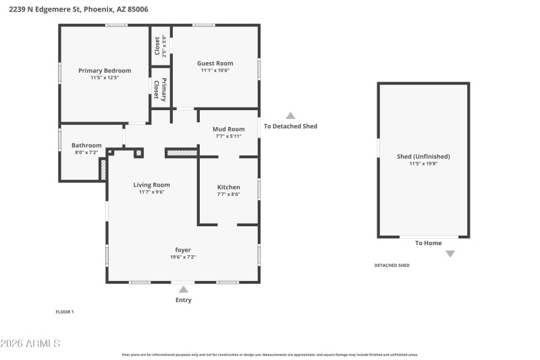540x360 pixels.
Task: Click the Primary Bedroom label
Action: [105, 70]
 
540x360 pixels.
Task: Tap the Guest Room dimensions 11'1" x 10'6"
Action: [215, 71]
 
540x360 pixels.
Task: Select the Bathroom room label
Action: [86, 145]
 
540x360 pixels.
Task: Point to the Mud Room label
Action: [228, 129]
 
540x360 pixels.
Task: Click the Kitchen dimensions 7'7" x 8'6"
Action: [228, 195]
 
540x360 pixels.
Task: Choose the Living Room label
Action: [151, 184]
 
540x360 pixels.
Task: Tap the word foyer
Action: [183, 250]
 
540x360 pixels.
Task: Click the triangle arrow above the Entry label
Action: [183, 289]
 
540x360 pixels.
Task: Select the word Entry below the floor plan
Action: [183, 300]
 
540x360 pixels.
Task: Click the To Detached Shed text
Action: [290, 126]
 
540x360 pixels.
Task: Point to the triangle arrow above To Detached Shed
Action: [290, 115]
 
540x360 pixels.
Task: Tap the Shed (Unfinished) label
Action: [423, 157]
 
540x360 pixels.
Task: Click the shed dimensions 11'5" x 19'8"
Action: [423, 163]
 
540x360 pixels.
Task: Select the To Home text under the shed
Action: [428, 243]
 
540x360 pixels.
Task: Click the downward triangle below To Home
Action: [450, 254]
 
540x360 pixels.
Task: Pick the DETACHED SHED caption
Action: [391, 265]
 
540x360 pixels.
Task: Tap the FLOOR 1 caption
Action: [65, 312]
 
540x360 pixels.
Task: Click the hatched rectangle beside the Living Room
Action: [182, 153]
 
